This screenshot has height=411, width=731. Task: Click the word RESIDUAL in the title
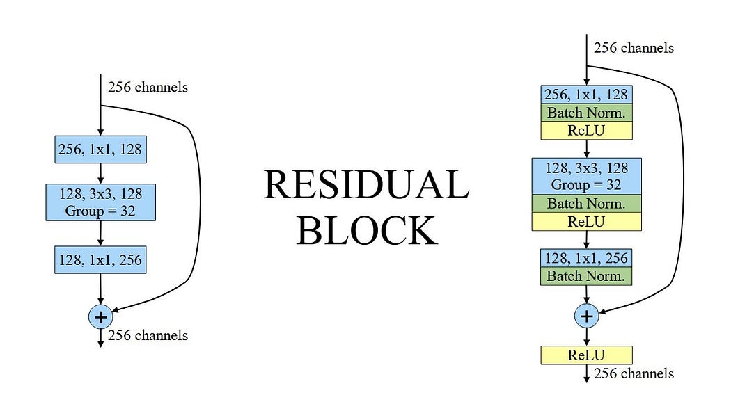365,186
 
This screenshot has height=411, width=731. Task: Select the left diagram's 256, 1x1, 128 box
100,149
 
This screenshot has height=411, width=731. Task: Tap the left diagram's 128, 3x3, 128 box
100,202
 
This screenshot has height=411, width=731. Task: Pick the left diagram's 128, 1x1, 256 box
100,260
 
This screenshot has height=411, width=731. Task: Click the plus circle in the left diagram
101,317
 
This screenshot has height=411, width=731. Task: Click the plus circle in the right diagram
586,316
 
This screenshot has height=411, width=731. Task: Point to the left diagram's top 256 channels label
148,88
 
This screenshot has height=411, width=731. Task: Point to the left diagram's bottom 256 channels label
148,335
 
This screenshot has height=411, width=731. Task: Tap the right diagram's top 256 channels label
634,48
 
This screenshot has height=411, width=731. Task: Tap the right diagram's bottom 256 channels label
634,373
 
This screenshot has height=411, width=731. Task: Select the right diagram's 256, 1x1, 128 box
586,94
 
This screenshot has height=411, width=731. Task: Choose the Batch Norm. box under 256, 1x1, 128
586,112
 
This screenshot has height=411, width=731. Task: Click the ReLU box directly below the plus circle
586,355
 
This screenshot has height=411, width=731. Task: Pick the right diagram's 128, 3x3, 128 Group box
586,176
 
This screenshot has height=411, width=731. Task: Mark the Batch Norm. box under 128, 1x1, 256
586,276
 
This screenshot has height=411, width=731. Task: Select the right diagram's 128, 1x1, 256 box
586,258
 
